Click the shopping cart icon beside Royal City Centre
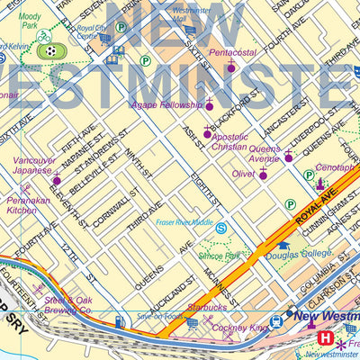[105, 39]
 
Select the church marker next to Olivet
[263, 174]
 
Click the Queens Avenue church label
[264, 152]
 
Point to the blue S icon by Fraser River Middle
[220, 229]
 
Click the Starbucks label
[208, 307]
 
